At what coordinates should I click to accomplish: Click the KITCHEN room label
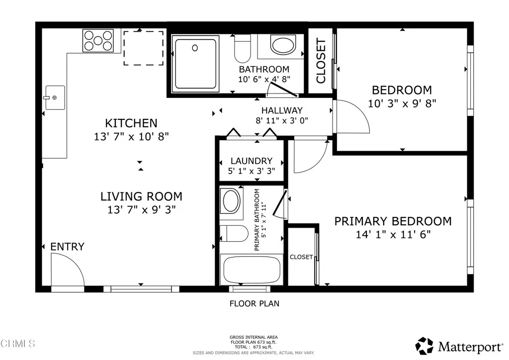pyautogui.click(x=131, y=123)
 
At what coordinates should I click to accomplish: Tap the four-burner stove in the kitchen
pyautogui.click(x=98, y=41)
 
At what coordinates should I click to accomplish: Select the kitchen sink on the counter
pyautogui.click(x=54, y=98)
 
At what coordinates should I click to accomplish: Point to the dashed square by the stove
pyautogui.click(x=143, y=48)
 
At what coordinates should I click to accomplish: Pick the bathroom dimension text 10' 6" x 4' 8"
pyautogui.click(x=264, y=79)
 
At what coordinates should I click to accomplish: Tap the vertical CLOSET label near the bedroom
pyautogui.click(x=321, y=61)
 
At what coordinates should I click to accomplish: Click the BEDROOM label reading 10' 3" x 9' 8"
pyautogui.click(x=402, y=90)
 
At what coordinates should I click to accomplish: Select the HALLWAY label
pyautogui.click(x=282, y=110)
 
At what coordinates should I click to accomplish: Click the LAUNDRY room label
pyautogui.click(x=251, y=161)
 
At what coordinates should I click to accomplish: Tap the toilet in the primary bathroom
pyautogui.click(x=234, y=233)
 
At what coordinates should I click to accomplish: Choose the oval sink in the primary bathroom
pyautogui.click(x=231, y=201)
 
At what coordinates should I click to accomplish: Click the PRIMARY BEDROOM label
pyautogui.click(x=393, y=221)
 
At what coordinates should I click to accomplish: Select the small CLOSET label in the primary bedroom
pyautogui.click(x=301, y=257)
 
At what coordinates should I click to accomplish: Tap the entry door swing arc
pyautogui.click(x=68, y=269)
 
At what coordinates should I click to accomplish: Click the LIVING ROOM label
pyautogui.click(x=141, y=196)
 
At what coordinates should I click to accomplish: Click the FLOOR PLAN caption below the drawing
pyautogui.click(x=254, y=303)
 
